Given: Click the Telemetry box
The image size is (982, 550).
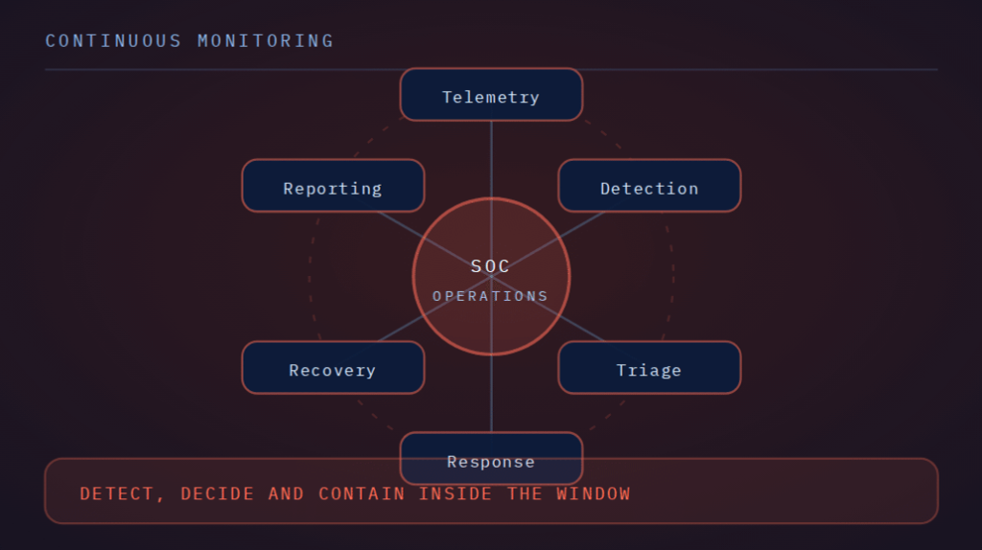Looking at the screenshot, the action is coord(491,95).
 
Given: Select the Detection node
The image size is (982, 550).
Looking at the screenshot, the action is coord(649,186).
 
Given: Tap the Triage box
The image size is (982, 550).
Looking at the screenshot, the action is coord(649,368).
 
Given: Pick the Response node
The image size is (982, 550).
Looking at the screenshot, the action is coord(491,459).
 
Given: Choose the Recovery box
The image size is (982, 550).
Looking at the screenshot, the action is coord(333,368).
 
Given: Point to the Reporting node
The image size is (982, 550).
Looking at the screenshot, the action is coord(333,186).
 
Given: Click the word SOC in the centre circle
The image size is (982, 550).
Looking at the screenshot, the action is coord(490,266).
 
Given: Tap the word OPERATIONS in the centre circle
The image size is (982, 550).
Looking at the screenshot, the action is coord(490,296).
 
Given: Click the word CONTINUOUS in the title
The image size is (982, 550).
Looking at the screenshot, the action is coord(113,41).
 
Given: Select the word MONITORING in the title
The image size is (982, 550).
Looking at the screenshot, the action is coord(266,41).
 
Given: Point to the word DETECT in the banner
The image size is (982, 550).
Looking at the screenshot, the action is coord(116,493).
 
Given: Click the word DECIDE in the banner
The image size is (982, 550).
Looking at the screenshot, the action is coord(218,493).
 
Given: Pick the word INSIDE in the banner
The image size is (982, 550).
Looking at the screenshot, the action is coord(456,493).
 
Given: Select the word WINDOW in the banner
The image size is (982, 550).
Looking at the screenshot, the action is coord(593,493).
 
